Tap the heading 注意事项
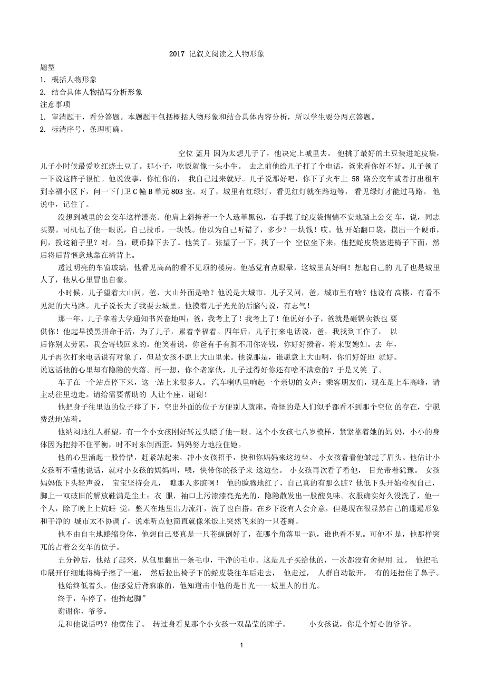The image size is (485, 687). [x=55, y=104]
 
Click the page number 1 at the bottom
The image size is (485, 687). [x=241, y=645]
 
